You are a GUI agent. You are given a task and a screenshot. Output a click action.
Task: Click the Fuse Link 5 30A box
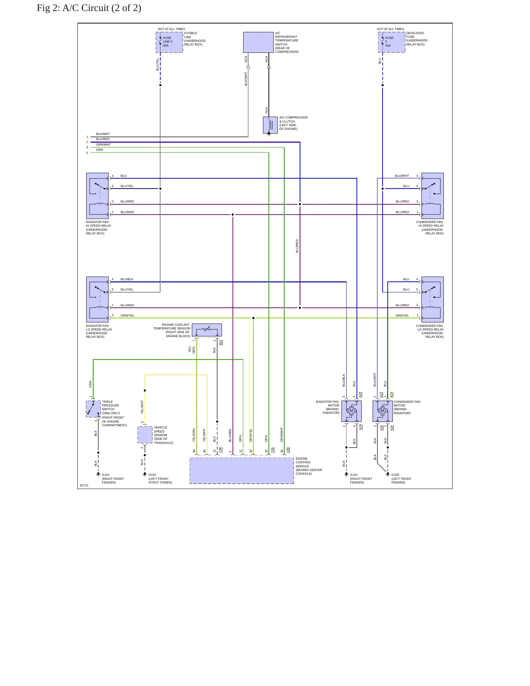(x=169, y=42)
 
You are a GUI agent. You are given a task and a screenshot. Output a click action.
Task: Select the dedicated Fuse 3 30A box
(x=392, y=42)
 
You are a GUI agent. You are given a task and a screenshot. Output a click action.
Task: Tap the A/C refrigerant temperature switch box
(x=258, y=42)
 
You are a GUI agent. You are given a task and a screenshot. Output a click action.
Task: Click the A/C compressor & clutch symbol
(x=270, y=125)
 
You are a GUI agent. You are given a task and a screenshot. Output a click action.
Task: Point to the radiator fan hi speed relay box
(x=98, y=196)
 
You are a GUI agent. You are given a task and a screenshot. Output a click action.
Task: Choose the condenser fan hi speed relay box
(x=432, y=196)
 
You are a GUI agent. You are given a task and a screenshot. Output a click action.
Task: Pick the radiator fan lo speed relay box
(x=98, y=299)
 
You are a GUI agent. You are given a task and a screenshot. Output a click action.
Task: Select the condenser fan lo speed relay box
(x=432, y=299)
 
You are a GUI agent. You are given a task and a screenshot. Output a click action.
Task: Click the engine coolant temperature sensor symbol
(x=207, y=330)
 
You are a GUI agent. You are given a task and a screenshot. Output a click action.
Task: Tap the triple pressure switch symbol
(x=93, y=409)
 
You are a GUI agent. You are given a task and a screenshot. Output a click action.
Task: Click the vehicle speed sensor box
(x=145, y=435)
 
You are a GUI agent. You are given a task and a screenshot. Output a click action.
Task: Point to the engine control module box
(x=242, y=471)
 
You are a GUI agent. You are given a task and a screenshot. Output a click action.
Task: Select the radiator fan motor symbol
(x=351, y=411)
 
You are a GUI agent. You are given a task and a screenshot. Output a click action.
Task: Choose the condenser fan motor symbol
(x=383, y=411)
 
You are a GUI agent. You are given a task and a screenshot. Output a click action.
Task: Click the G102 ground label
(x=152, y=475)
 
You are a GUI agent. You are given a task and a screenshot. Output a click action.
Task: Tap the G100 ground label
(x=395, y=475)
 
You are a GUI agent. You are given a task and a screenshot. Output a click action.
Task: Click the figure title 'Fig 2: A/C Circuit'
(x=89, y=8)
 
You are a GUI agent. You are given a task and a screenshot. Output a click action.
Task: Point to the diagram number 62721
(x=84, y=485)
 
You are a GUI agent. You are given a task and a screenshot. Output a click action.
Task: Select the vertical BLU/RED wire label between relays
(x=297, y=246)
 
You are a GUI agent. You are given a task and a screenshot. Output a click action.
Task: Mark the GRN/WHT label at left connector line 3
(x=103, y=145)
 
